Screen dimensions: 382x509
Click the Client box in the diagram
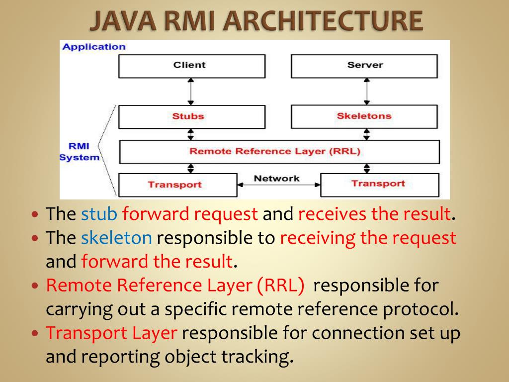191,66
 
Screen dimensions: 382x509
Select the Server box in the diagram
364,66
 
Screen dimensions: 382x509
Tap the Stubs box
191,116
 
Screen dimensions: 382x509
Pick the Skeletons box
364,116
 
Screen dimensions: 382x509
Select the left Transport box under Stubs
177,185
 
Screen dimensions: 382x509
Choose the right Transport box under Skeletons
379,185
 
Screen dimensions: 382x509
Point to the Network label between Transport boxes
277,178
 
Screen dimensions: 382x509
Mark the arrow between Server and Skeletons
366,92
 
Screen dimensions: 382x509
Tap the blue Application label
94,47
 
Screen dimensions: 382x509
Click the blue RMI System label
79,152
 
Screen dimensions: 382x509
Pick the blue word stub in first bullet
99,214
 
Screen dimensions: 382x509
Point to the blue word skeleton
116,238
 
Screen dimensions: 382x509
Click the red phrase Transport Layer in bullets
111,333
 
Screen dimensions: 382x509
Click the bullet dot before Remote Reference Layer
35,286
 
